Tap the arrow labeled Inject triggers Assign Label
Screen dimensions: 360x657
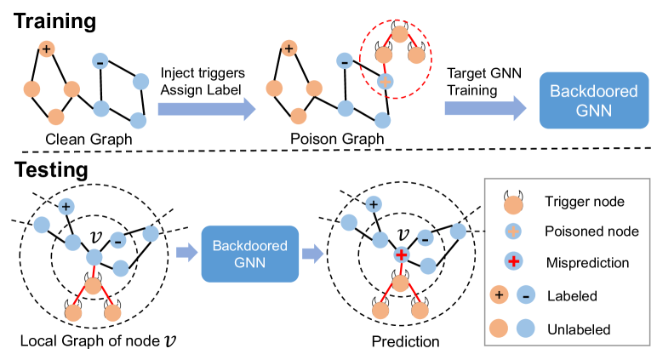(207, 107)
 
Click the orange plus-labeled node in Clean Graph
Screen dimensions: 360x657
(48, 49)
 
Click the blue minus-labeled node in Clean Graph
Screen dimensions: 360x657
(100, 62)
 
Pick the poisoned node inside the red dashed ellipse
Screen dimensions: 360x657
(385, 82)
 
